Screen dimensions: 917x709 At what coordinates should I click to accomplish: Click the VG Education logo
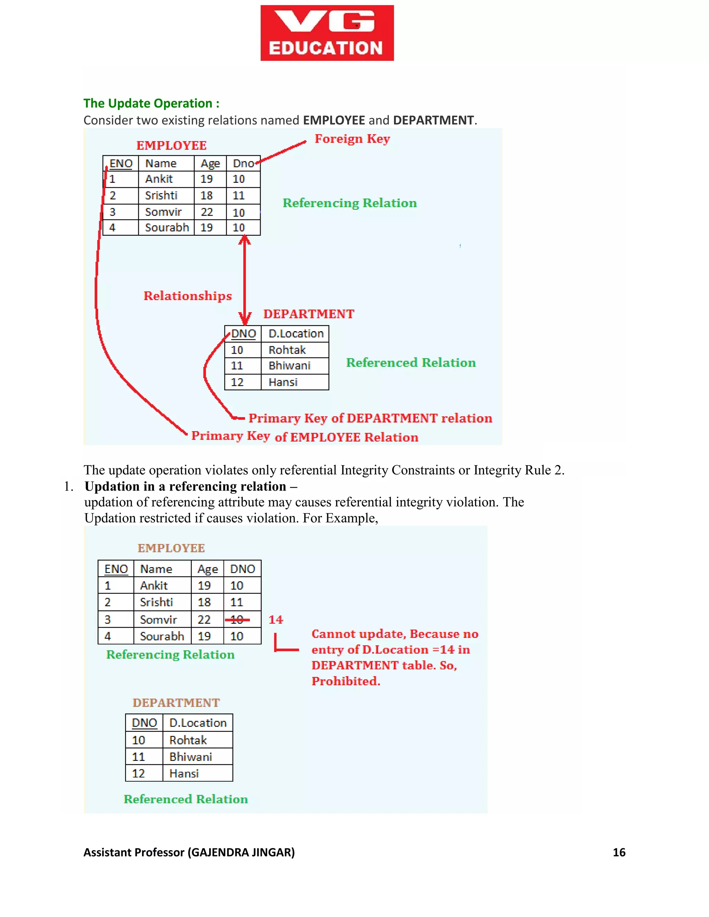coord(327,33)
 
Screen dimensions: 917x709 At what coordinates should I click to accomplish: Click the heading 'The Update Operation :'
coord(151,103)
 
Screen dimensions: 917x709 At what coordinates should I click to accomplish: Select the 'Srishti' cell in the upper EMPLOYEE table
coord(161,196)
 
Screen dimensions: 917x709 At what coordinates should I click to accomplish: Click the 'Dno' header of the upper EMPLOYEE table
coord(243,163)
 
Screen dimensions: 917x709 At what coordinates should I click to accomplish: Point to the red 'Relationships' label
coord(187,296)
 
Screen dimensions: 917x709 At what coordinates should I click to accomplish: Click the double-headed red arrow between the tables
coord(244,279)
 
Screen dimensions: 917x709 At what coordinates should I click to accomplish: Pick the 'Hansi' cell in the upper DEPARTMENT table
coord(283,382)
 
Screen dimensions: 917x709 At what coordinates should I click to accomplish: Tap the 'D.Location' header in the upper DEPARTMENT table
coord(296,334)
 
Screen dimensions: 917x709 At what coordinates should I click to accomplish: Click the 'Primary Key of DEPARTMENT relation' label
coord(370,418)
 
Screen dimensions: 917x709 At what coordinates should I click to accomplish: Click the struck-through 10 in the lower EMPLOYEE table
coord(237,620)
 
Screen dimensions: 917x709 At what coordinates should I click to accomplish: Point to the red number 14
coord(276,620)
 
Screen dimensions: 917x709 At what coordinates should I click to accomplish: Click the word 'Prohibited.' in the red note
coord(346,681)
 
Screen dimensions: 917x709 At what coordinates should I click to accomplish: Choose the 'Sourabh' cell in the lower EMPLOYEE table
coord(162,636)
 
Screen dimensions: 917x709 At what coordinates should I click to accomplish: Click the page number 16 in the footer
coord(619,852)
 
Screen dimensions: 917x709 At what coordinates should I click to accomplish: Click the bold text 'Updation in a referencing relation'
coord(185,486)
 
